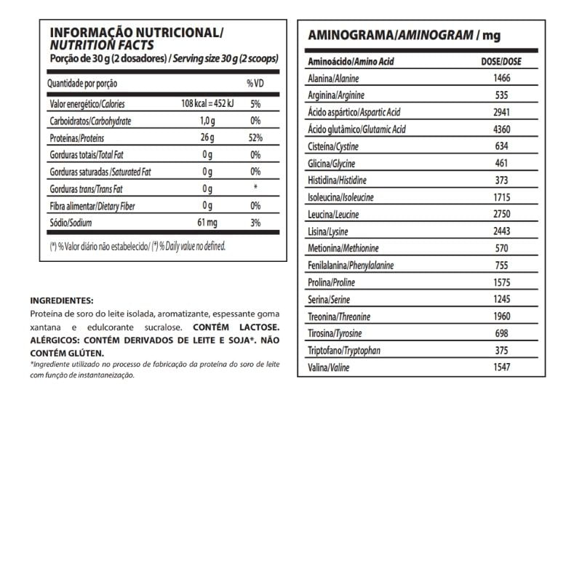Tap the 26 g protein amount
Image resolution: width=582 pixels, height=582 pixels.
click(207, 138)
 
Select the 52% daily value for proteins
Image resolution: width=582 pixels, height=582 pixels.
click(255, 138)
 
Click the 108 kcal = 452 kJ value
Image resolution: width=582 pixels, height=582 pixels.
click(207, 105)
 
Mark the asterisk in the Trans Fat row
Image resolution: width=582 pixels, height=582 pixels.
click(255, 188)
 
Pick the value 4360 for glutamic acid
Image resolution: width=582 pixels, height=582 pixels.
click(501, 129)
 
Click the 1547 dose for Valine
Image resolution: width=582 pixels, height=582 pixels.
click(501, 367)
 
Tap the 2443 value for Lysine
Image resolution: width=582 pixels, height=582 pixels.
click(501, 231)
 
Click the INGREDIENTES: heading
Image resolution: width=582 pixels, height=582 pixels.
click(62, 300)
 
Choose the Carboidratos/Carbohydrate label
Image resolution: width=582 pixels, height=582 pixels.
click(90, 121)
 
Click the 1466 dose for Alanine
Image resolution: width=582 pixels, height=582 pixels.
click(501, 79)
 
